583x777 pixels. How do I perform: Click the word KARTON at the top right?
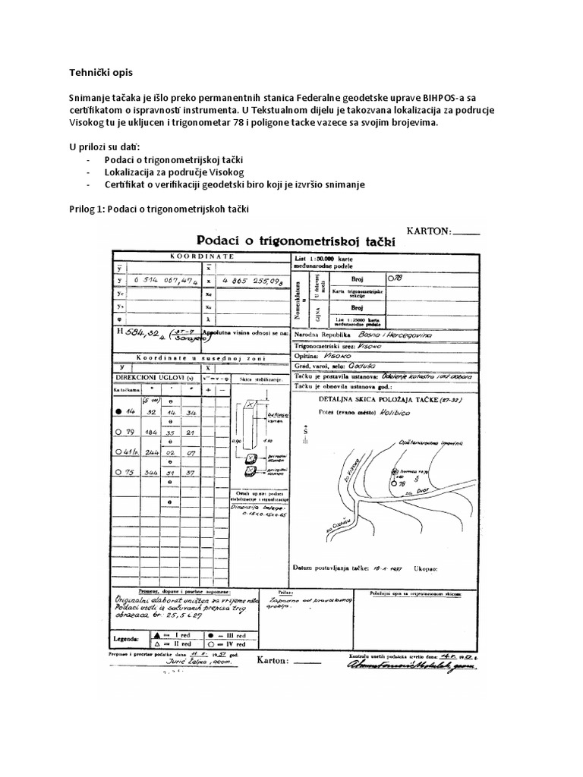[430, 230]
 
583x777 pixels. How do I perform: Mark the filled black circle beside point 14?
[118, 412]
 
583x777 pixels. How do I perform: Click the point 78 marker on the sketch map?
[394, 482]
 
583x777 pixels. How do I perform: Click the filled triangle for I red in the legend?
[157, 632]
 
